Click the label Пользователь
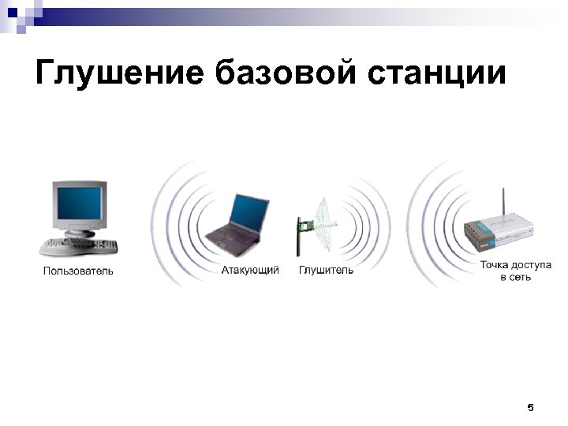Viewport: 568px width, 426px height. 78,272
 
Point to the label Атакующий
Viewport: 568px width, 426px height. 250,271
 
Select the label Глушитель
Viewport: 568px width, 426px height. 326,271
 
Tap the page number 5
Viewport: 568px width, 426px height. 529,408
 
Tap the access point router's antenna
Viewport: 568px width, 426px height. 503,206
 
